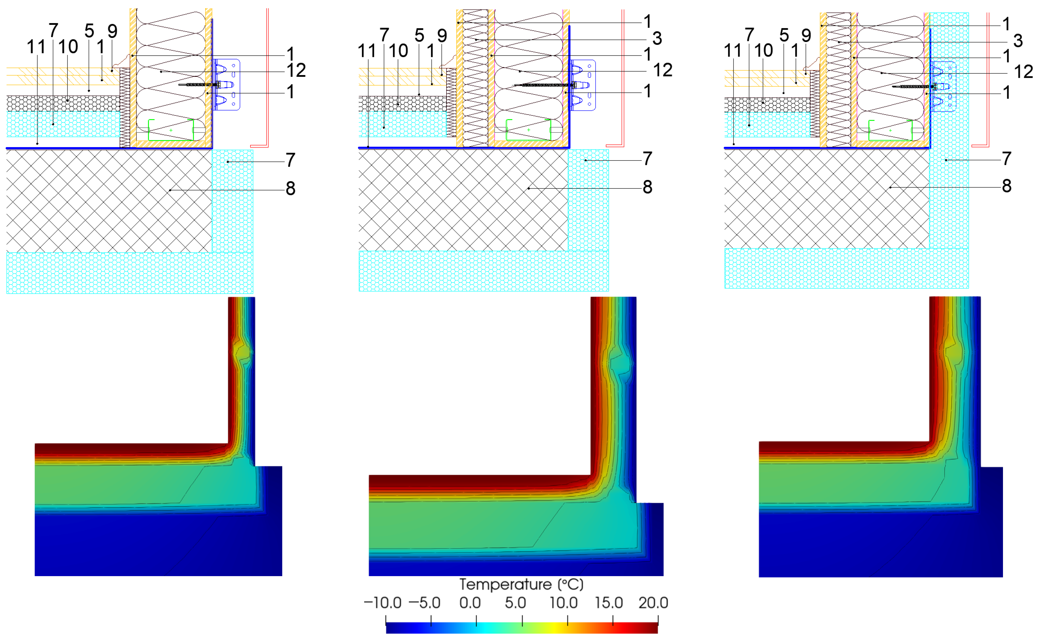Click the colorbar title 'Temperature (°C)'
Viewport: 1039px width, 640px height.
521,585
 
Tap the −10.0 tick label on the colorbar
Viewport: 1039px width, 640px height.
382,603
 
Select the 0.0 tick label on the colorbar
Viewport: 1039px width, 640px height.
470,603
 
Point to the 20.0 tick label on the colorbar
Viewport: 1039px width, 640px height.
653,603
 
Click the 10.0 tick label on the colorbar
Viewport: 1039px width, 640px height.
563,603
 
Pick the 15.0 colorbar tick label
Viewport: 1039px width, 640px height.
609,603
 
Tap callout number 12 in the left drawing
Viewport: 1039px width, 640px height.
296,70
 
